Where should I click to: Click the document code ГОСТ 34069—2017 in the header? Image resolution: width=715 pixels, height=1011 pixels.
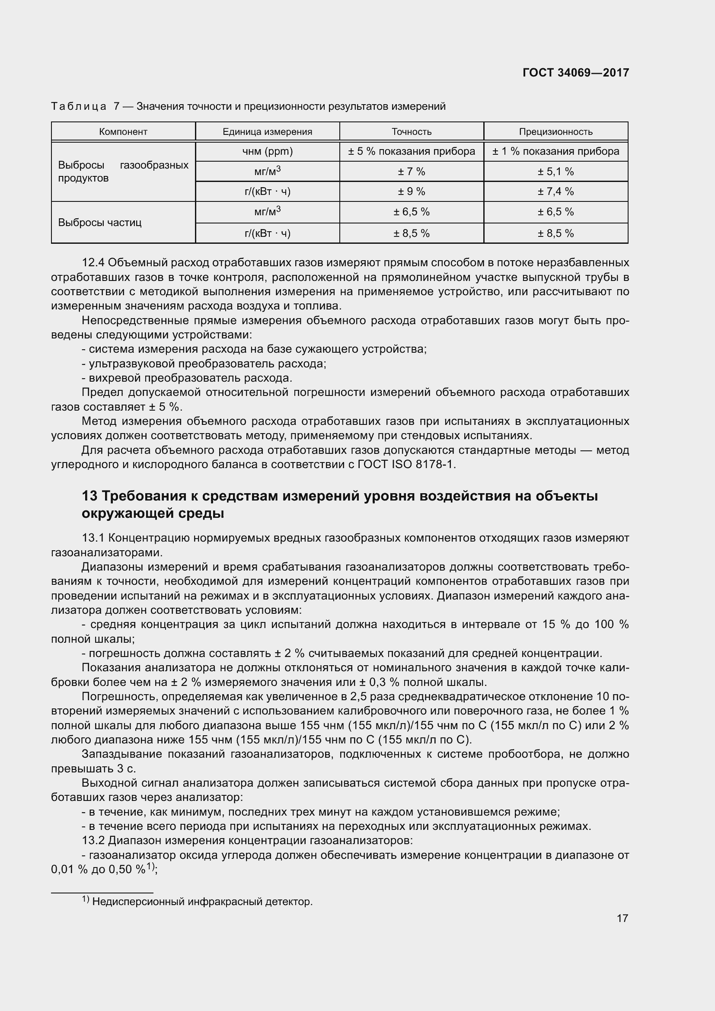pyautogui.click(x=575, y=73)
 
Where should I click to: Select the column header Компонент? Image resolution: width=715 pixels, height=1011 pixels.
pyautogui.click(x=123, y=132)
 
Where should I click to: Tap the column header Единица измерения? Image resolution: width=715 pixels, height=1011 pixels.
pyautogui.click(x=267, y=132)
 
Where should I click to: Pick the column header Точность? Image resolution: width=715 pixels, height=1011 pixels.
pyautogui.click(x=412, y=132)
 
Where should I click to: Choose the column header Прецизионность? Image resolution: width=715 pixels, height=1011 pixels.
pyautogui.click(x=555, y=132)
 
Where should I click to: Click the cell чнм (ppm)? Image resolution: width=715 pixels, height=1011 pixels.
pyautogui.click(x=267, y=151)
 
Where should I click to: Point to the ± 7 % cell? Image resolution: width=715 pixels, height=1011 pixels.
pyautogui.click(x=412, y=171)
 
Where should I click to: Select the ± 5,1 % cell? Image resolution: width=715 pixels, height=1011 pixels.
pyautogui.click(x=555, y=171)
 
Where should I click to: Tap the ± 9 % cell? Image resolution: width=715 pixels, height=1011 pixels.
pyautogui.click(x=412, y=191)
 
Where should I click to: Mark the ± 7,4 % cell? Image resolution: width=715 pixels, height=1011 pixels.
pyautogui.click(x=555, y=191)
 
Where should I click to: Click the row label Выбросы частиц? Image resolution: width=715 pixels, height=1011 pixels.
pyautogui.click(x=100, y=222)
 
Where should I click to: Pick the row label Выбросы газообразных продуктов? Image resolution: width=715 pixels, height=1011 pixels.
pyautogui.click(x=123, y=171)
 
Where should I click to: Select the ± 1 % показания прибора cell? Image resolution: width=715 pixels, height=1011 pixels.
pyautogui.click(x=555, y=151)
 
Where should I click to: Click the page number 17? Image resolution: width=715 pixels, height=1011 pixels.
pyautogui.click(x=622, y=918)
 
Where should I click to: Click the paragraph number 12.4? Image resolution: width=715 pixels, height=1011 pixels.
pyautogui.click(x=93, y=263)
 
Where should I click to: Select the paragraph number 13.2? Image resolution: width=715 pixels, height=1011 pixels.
pyautogui.click(x=93, y=841)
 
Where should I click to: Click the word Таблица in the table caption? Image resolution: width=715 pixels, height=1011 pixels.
pyautogui.click(x=78, y=107)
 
